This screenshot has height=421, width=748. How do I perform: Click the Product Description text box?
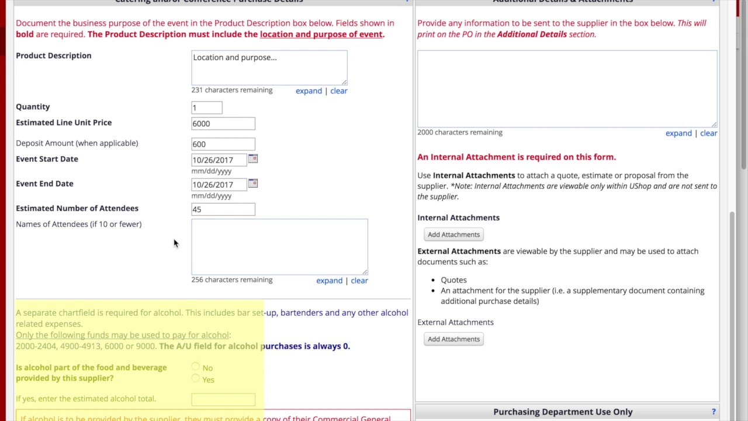tap(269, 67)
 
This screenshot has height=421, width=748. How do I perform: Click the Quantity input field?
tap(206, 108)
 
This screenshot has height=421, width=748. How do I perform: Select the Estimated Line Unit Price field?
tap(223, 123)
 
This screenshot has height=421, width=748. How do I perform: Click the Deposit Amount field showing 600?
tap(223, 144)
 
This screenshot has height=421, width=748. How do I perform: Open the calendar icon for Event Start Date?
tap(252, 159)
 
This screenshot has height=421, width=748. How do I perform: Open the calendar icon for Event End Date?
tap(252, 184)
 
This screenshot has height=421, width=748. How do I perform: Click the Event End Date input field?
tap(219, 185)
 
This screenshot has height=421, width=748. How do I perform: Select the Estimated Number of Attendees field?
tap(223, 209)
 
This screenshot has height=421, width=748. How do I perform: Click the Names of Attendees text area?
tap(279, 246)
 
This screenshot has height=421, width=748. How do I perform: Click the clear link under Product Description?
tap(339, 91)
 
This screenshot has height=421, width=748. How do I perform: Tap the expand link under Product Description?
tap(309, 91)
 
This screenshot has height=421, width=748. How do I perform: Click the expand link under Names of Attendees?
tap(329, 281)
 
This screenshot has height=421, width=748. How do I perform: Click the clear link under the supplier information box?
tap(708, 133)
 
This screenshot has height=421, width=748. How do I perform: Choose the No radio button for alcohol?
tap(195, 367)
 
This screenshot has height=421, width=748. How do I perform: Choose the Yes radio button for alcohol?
tap(195, 379)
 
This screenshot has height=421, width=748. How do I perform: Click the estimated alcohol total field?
tap(223, 399)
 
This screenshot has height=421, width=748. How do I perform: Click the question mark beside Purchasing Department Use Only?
tap(714, 412)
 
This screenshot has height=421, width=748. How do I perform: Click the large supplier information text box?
tap(567, 88)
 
